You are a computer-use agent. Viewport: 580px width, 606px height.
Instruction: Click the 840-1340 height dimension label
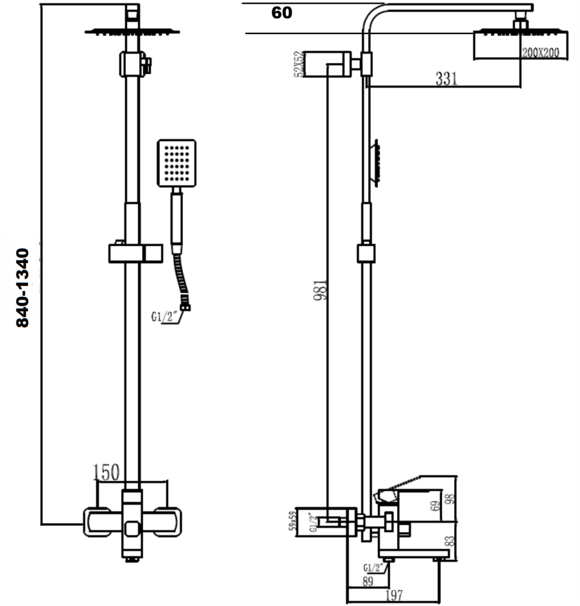click(22, 287)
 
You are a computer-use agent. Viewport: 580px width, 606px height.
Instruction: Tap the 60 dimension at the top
click(282, 12)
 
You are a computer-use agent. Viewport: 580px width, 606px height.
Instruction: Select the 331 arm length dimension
click(446, 79)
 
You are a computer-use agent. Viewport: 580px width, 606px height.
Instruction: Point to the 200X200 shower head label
click(540, 53)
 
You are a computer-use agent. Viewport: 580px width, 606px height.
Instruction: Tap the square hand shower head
click(176, 163)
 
